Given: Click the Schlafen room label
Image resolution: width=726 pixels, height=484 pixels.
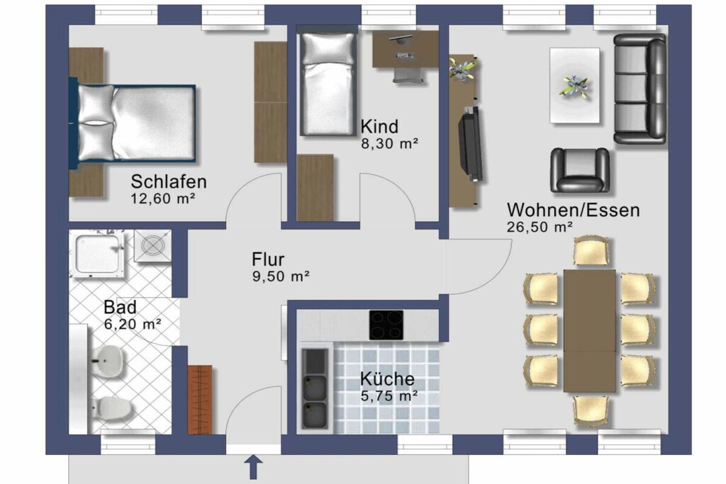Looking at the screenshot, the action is pyautogui.click(x=169, y=181).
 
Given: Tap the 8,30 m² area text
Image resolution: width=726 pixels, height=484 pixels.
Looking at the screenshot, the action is pyautogui.click(x=389, y=143).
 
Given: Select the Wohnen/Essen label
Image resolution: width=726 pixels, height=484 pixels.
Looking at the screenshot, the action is pyautogui.click(x=573, y=210).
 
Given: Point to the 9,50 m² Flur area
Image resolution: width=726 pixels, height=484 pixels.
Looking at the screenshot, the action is pyautogui.click(x=281, y=276).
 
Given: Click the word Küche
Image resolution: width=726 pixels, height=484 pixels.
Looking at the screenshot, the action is pyautogui.click(x=387, y=379).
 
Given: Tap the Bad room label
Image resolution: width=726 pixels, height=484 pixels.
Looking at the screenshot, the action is pyautogui.click(x=120, y=307).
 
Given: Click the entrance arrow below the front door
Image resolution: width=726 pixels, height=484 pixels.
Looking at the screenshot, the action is pyautogui.click(x=253, y=466).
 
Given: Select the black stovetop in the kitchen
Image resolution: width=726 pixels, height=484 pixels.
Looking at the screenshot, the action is pyautogui.click(x=386, y=325).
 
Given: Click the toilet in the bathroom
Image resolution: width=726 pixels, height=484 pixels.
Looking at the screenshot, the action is pyautogui.click(x=111, y=408).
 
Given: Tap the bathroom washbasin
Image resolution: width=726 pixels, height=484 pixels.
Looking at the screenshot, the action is pyautogui.click(x=108, y=360).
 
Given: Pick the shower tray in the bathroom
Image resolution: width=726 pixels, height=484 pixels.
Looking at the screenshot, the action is pyautogui.click(x=97, y=254).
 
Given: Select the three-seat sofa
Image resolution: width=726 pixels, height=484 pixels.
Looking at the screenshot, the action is pyautogui.click(x=640, y=89).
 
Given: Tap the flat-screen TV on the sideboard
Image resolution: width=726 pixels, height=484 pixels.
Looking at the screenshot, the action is pyautogui.click(x=471, y=143).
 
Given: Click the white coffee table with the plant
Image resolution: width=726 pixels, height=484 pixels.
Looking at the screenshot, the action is pyautogui.click(x=574, y=86).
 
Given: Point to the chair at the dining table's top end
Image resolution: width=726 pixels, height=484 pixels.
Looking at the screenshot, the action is pyautogui.click(x=591, y=252).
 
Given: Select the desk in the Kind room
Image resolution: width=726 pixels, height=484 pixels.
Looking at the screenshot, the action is pyautogui.click(x=406, y=49).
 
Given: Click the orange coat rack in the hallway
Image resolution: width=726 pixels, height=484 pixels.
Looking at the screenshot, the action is pyautogui.click(x=200, y=400).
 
